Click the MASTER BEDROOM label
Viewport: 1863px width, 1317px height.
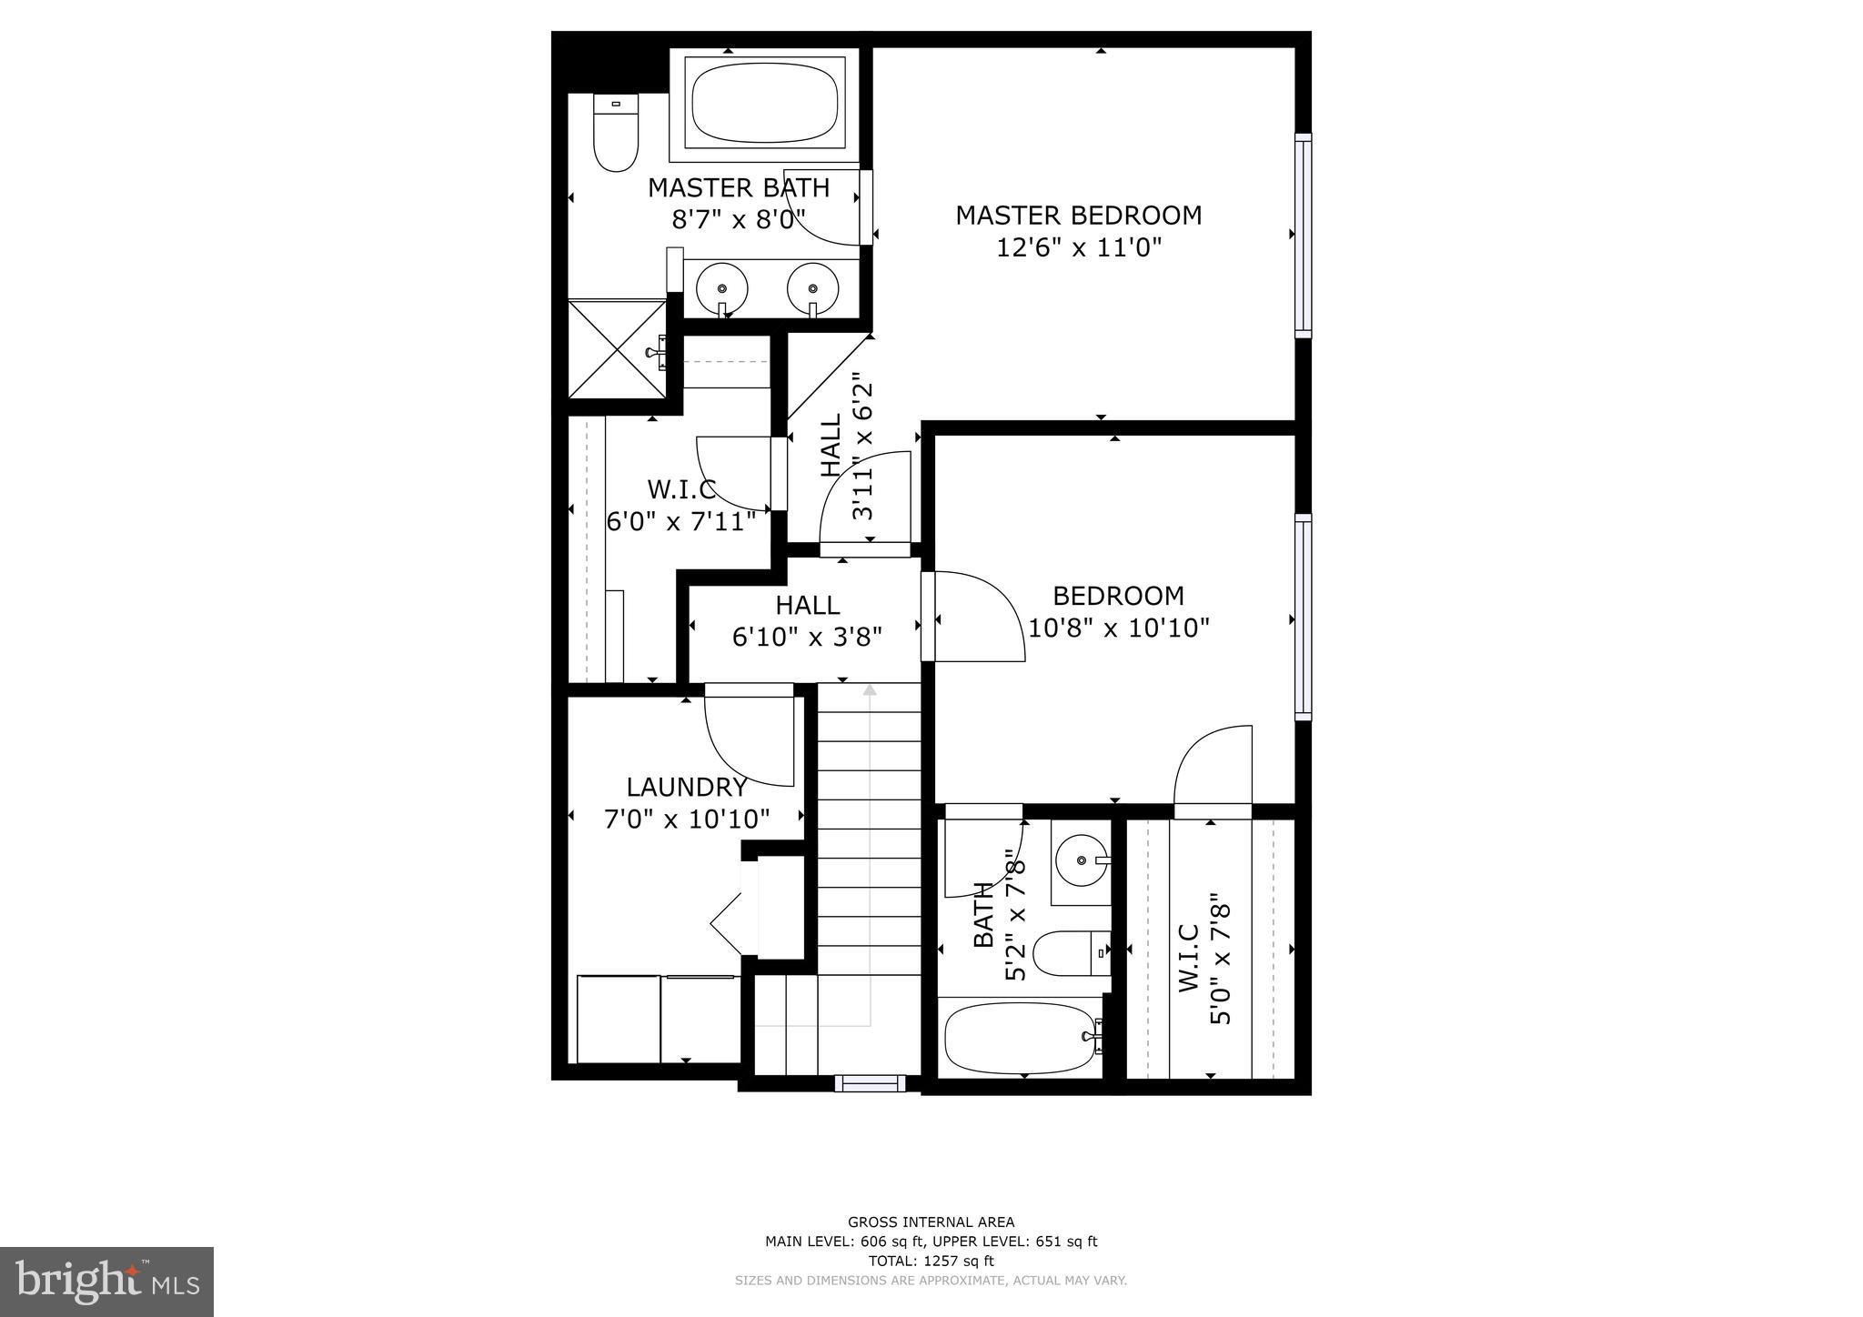point(1078,216)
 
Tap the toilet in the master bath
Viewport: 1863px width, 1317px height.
point(616,133)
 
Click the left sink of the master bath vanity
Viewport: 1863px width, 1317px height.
point(722,288)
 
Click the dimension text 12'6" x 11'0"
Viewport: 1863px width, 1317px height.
point(1079,247)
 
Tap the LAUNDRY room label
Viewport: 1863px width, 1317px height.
point(687,787)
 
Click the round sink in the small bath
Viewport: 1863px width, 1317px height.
point(1081,860)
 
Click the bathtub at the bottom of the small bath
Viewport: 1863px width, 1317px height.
point(1019,1037)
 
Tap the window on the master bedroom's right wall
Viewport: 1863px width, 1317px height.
point(1304,235)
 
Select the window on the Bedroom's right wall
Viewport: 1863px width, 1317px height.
point(1304,617)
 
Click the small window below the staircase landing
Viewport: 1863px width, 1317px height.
point(871,1082)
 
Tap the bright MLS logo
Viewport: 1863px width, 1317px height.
point(107,1282)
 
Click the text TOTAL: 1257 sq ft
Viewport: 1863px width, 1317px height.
point(931,1261)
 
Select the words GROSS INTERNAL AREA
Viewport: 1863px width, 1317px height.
point(931,1222)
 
